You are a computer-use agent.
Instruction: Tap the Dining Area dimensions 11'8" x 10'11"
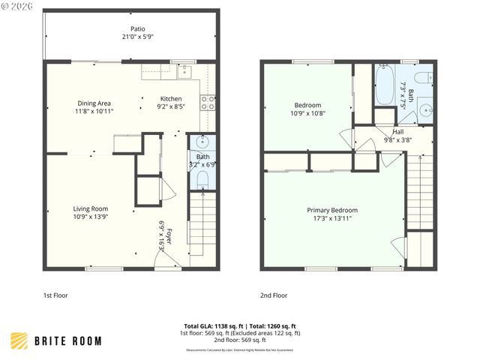(x=94, y=112)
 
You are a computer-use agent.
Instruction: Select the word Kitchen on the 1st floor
(x=171, y=99)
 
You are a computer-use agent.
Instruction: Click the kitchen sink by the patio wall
(x=185, y=73)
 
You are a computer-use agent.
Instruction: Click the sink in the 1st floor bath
(x=202, y=142)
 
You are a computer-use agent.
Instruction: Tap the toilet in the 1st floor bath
(x=202, y=178)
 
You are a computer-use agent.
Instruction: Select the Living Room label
(x=91, y=208)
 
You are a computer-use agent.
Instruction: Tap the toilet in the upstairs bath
(x=424, y=76)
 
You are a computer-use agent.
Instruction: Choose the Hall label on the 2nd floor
(x=397, y=132)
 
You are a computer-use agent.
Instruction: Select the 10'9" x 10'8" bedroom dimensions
(x=308, y=113)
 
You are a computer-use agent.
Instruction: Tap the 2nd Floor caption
(x=273, y=295)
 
